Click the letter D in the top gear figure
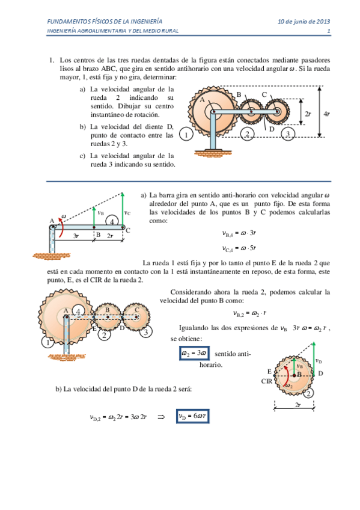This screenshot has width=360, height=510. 272,128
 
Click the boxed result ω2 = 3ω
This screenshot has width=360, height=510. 194,353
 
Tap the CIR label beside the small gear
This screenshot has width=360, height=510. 267,381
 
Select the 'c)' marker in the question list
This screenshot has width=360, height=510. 82,156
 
